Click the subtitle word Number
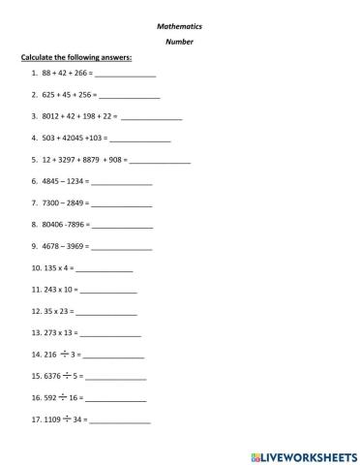point(180,42)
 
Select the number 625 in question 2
point(49,96)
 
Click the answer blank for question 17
point(121,420)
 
